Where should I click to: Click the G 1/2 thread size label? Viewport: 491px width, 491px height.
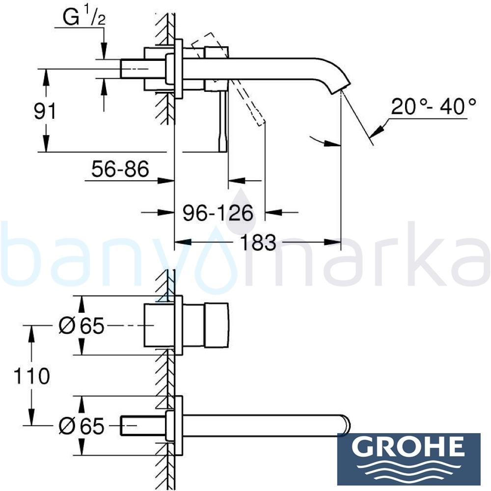tap(84, 18)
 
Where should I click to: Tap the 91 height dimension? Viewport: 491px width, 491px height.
tap(45, 111)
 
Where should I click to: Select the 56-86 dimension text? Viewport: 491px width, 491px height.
tap(120, 169)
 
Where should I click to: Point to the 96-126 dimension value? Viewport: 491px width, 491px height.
tap(218, 213)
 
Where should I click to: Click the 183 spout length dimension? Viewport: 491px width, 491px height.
tap(258, 242)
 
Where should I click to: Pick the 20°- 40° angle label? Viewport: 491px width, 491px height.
tap(434, 107)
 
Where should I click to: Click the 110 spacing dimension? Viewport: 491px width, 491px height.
tap(31, 376)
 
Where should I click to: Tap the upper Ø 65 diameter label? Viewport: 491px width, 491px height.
tap(82, 326)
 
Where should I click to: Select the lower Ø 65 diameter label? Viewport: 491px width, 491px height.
tap(82, 426)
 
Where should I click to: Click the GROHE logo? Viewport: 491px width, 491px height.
tap(409, 459)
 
